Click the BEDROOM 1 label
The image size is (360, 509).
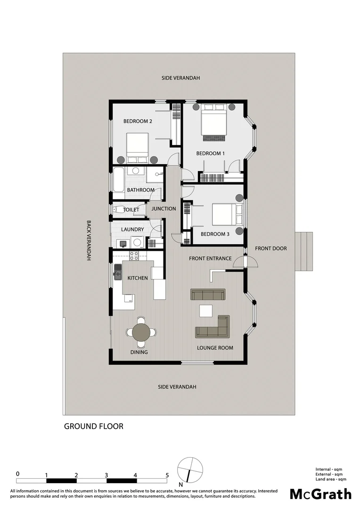(211, 153)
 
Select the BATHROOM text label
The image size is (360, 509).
(141, 190)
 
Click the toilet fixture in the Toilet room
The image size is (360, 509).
(117, 209)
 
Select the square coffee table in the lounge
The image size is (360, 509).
(205, 311)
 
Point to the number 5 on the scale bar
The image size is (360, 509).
(167, 475)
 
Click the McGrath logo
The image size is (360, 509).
(320, 494)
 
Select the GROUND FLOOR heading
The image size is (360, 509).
(94, 426)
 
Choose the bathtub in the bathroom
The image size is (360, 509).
(118, 182)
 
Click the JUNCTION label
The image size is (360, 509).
(164, 208)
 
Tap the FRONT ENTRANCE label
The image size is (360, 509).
(210, 258)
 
